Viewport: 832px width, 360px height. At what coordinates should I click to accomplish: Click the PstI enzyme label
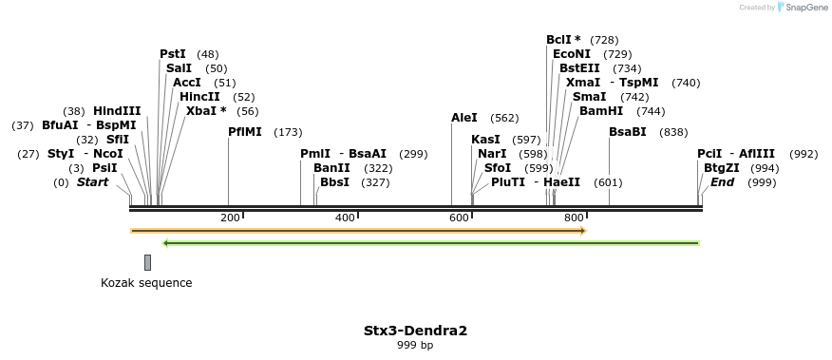(x=173, y=54)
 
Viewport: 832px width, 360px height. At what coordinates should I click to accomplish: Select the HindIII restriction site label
(x=117, y=111)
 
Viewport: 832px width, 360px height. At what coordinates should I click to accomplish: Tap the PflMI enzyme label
(x=244, y=132)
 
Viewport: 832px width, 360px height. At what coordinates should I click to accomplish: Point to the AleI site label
(x=464, y=118)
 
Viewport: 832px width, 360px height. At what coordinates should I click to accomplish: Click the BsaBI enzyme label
(x=628, y=132)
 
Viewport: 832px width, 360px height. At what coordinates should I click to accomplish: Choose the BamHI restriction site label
(x=601, y=111)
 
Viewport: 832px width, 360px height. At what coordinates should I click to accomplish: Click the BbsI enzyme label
(x=334, y=181)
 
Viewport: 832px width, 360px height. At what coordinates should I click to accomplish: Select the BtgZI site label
(x=722, y=167)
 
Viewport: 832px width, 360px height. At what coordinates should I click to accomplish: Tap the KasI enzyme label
(x=485, y=140)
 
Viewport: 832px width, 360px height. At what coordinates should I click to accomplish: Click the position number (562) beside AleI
(x=504, y=118)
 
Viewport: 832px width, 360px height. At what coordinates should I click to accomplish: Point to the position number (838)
(x=673, y=132)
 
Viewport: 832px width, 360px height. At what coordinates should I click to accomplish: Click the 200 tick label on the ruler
(x=230, y=218)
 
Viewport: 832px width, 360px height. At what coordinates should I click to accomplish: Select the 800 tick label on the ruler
(x=574, y=218)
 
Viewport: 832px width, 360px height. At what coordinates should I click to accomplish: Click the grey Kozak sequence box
(x=147, y=262)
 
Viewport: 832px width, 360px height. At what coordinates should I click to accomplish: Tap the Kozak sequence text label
(x=146, y=283)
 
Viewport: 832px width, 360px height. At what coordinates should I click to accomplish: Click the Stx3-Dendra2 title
(x=415, y=331)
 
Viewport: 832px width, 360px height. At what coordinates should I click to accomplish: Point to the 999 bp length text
(x=415, y=346)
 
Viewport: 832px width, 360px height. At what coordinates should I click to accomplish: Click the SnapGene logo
(x=803, y=8)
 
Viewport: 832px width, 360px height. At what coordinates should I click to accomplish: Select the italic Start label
(x=93, y=181)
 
